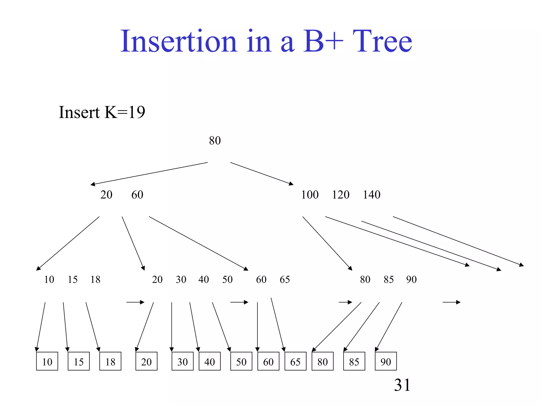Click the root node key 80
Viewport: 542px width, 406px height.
coord(215,141)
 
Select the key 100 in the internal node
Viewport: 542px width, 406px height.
coord(310,195)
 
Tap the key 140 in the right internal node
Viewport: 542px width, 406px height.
coord(371,195)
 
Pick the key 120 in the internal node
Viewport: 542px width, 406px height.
coord(341,195)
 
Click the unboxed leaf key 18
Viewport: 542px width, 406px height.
coord(95,280)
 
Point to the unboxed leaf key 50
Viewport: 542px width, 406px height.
coord(227,280)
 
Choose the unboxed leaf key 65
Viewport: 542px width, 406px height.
coord(285,280)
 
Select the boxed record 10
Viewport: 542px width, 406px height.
coord(47,362)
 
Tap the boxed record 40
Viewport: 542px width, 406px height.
coord(210,362)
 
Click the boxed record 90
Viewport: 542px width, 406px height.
coord(386,362)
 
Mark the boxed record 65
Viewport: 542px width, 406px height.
coord(295,362)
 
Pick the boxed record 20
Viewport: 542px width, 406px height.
coord(146,362)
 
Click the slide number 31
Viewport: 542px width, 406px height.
coord(402,385)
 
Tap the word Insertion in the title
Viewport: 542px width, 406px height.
coord(179,41)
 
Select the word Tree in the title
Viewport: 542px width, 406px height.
coord(382,41)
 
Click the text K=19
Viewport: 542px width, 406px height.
coord(125,112)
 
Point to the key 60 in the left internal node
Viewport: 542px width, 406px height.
coord(137,195)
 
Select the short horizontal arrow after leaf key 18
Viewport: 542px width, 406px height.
coord(135,302)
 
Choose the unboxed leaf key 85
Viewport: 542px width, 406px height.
coord(389,280)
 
